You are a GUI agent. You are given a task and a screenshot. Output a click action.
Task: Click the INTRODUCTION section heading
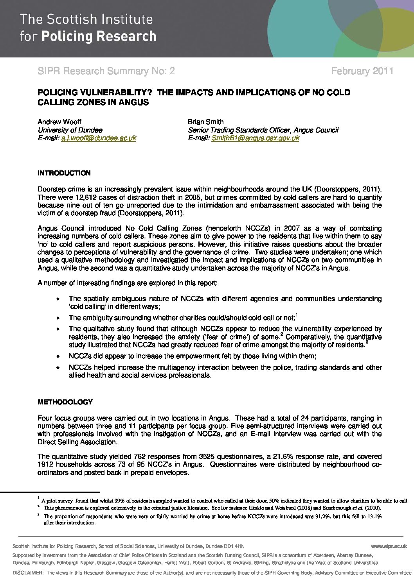pos(64,173)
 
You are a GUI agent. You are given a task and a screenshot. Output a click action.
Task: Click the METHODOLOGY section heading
pos(65,402)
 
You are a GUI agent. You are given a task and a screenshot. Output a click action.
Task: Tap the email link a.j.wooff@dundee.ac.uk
pos(99,138)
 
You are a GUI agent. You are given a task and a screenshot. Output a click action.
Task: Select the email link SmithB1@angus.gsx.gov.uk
pos(255,138)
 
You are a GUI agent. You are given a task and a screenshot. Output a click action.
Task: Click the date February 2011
pos(362,71)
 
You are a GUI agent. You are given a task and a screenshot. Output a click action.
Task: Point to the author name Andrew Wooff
pos(59,122)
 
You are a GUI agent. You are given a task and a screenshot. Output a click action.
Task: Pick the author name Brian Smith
pos(205,122)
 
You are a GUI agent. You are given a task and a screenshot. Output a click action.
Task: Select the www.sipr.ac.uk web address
pos(389,546)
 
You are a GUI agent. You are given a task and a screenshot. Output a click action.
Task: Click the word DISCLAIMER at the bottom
pos(28,573)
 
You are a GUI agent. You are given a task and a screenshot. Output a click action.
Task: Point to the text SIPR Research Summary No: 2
pos(106,71)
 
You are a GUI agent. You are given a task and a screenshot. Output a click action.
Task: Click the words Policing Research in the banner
pos(99,37)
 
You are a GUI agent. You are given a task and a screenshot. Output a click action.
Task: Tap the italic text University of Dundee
pos(70,130)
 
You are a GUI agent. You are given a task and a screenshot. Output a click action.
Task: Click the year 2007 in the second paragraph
pos(292,228)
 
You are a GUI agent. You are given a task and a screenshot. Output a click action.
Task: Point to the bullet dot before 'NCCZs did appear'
pos(58,356)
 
